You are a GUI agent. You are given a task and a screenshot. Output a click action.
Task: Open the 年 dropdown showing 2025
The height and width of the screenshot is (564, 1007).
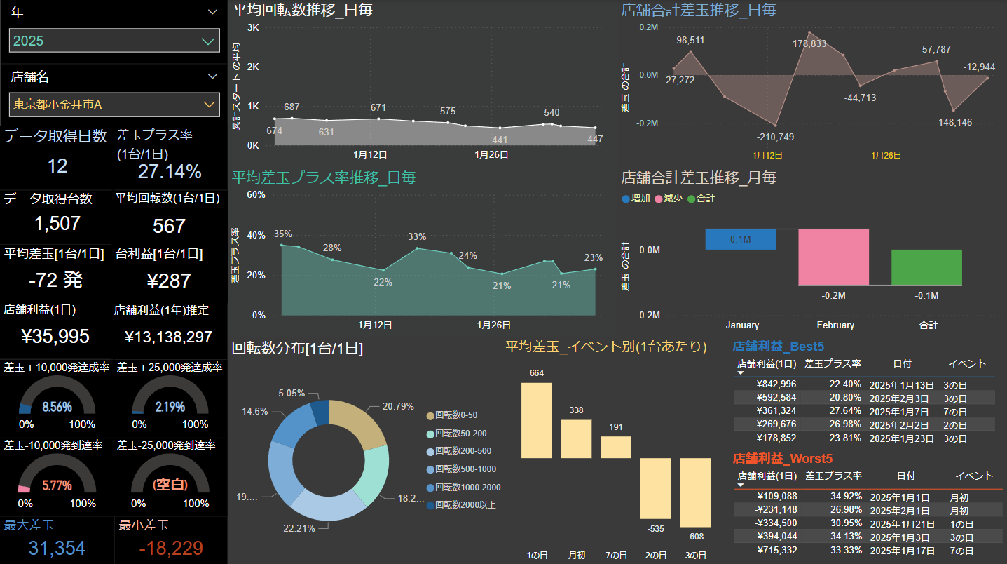point(114,41)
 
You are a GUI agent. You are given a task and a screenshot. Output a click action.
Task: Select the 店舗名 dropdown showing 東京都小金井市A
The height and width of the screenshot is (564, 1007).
point(114,105)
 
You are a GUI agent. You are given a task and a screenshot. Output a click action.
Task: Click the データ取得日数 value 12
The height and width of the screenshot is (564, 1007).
point(57,166)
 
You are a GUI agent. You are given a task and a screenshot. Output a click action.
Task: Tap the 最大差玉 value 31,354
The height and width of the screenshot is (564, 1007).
point(57,548)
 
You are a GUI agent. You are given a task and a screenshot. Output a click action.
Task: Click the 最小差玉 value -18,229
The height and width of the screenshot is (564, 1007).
point(171,548)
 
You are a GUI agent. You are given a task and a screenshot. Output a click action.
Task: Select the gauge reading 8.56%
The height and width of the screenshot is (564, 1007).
point(57,407)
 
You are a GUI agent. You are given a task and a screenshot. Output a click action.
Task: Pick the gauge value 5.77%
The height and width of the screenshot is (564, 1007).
point(57,485)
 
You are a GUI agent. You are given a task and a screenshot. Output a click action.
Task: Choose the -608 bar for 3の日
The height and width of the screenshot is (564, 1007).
point(695,492)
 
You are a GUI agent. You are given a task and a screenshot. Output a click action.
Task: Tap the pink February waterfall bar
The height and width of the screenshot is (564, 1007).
point(833,257)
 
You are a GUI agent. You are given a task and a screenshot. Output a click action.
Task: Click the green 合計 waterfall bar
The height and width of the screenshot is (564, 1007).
point(926,267)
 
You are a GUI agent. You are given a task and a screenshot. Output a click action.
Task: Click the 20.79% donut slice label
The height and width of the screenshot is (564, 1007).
point(397,406)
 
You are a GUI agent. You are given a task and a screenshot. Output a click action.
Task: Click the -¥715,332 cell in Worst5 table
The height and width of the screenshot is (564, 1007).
point(775,550)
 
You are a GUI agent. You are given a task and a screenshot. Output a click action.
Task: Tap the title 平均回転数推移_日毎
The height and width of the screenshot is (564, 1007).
point(302,10)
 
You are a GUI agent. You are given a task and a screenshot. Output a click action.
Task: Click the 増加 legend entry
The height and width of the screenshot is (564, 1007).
point(635,199)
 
